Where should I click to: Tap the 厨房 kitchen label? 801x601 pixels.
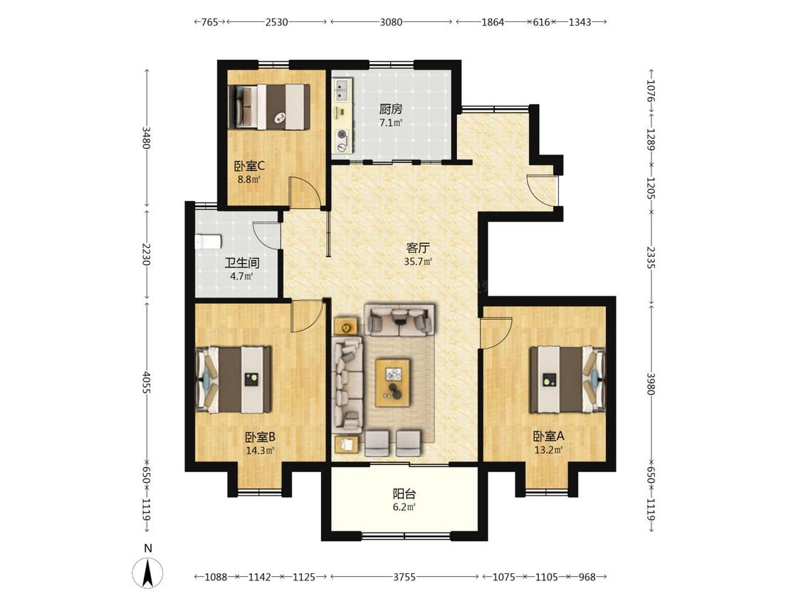tap(391, 109)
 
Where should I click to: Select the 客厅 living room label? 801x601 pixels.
tap(418, 249)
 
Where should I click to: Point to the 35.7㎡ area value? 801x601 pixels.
tap(418, 262)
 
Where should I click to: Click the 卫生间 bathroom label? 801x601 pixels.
tap(242, 263)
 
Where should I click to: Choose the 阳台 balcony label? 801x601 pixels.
tap(404, 494)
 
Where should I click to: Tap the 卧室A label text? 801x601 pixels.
tap(549, 437)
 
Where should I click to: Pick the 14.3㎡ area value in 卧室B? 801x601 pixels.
tap(260, 451)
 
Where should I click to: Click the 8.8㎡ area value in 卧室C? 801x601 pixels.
tap(248, 179)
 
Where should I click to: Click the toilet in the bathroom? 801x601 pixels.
tap(209, 241)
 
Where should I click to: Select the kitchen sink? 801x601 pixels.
tap(341, 89)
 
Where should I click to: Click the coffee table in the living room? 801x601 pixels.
tap(392, 382)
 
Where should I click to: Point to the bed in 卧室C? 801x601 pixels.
tap(268, 106)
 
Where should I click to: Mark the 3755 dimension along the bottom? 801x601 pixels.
tap(404, 577)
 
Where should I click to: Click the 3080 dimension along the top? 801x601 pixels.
tap(391, 22)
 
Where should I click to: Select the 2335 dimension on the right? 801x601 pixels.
tap(651, 258)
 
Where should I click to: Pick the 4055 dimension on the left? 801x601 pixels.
tap(147, 382)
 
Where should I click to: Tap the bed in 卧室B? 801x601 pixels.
tap(234, 380)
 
